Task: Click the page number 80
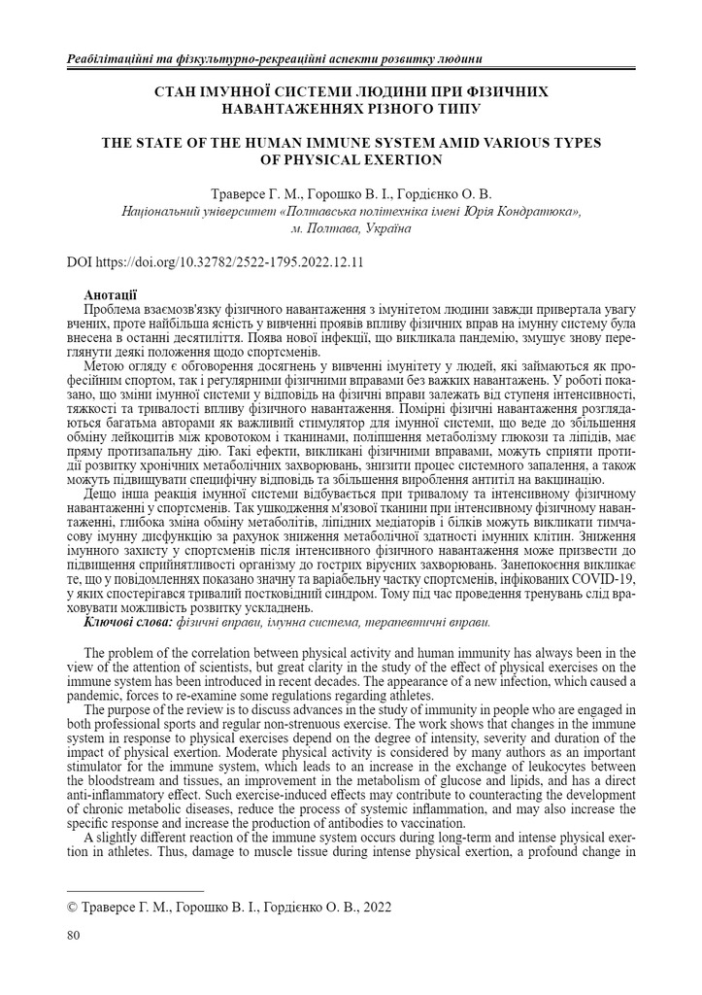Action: (73, 936)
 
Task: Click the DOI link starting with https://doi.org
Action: (228, 262)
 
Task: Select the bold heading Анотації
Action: (111, 294)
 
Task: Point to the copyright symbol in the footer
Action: (70, 907)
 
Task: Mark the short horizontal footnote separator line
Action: (134, 890)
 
